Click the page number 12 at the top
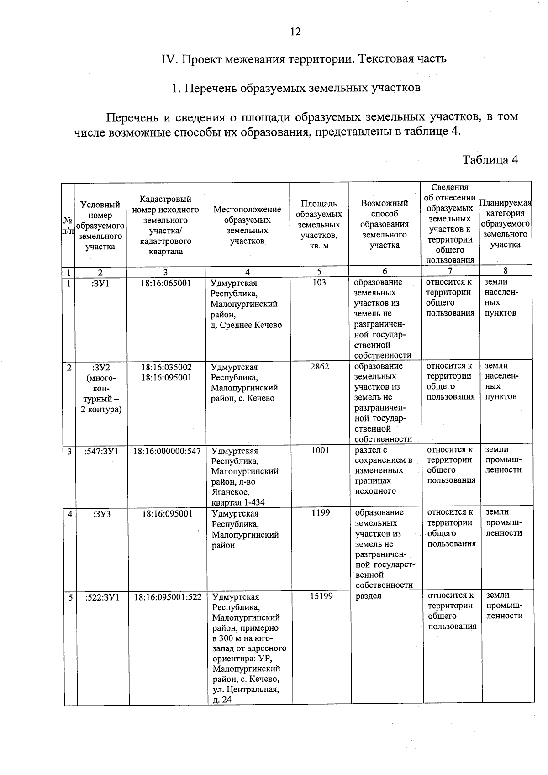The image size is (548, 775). point(295,32)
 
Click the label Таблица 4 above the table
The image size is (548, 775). point(490,160)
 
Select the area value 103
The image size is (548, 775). point(319,283)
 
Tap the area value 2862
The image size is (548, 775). point(319,367)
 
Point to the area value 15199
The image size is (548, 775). point(321,596)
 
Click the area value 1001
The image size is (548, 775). point(320,450)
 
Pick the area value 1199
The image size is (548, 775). point(321,513)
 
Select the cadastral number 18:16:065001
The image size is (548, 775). point(166,283)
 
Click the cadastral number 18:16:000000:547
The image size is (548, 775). point(167,451)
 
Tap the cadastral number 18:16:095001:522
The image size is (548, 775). point(168,597)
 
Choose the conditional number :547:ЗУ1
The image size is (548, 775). point(101,451)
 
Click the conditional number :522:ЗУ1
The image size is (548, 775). point(102,597)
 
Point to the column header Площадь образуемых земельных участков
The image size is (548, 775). point(319,224)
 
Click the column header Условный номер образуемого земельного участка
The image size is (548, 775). point(100,226)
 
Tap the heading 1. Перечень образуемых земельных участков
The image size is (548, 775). point(295,88)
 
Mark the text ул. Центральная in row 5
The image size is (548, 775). point(246,689)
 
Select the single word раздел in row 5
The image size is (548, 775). point(368,596)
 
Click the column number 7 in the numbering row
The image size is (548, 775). point(450,271)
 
